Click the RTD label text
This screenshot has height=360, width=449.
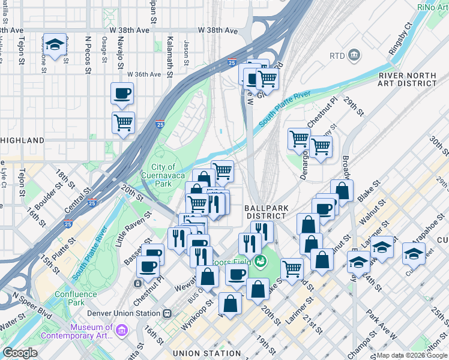(337, 56)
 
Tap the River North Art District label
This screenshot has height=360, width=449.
(407, 79)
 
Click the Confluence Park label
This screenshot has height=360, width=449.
(76, 298)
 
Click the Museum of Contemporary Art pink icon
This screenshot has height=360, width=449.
(122, 331)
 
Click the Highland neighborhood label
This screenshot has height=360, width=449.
(23, 140)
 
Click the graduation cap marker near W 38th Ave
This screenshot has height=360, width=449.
(55, 45)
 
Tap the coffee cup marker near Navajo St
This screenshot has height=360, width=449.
(122, 94)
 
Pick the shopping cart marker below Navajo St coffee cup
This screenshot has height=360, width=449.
(123, 122)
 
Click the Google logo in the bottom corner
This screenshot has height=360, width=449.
(20, 353)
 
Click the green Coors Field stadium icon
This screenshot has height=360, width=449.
(260, 260)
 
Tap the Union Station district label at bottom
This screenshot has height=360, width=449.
(206, 353)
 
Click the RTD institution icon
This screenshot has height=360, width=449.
(354, 56)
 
